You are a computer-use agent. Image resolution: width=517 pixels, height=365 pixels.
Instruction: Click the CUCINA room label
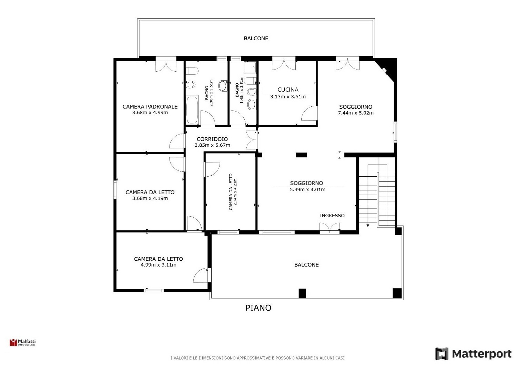(x=288, y=90)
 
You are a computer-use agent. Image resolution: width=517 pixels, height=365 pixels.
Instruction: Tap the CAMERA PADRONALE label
(x=150, y=106)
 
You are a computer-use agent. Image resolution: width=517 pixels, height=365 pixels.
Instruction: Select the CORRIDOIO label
(x=212, y=139)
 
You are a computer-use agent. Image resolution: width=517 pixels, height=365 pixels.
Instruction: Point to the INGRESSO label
(x=332, y=215)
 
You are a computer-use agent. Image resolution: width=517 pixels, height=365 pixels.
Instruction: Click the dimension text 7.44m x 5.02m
(x=356, y=113)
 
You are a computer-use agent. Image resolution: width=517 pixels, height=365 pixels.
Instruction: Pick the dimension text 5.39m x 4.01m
(x=307, y=189)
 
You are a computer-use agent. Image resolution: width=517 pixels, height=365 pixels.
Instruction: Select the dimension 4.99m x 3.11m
(x=159, y=265)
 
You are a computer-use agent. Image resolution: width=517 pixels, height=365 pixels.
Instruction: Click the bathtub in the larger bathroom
(x=192, y=110)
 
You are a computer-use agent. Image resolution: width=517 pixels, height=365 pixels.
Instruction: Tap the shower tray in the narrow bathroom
(x=250, y=67)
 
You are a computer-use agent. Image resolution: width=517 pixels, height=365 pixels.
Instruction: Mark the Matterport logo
(x=473, y=354)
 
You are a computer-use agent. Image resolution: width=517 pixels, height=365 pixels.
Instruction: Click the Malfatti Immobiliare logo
(x=23, y=342)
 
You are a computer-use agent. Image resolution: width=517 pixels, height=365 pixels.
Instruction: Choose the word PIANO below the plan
(x=258, y=308)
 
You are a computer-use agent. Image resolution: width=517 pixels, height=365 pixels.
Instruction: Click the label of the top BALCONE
(x=256, y=38)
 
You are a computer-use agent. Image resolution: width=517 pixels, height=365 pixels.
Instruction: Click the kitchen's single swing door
(x=309, y=113)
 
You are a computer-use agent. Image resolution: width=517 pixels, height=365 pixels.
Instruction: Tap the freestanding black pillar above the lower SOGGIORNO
(x=301, y=155)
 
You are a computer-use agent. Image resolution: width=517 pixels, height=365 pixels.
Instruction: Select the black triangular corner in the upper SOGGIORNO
(x=388, y=67)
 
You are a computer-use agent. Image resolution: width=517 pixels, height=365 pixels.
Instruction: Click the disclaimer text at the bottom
(x=257, y=358)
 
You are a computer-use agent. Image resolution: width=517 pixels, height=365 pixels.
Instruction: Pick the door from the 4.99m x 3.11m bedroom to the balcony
(x=202, y=275)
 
